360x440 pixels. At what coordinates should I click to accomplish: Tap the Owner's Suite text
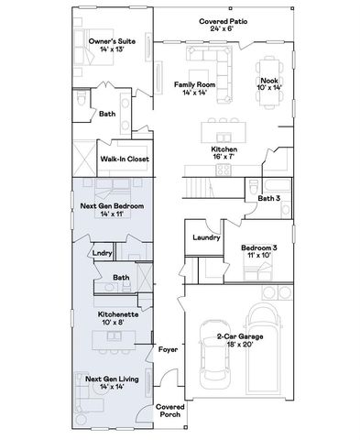pyautogui.click(x=111, y=41)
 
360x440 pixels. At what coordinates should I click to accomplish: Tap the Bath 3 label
pyautogui.click(x=267, y=197)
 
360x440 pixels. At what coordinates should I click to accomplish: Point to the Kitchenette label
pyautogui.click(x=118, y=313)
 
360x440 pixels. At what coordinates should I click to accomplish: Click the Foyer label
pyautogui.click(x=168, y=349)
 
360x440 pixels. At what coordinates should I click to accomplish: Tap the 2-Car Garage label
pyautogui.click(x=240, y=337)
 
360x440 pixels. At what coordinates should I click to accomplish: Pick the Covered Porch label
pyautogui.click(x=170, y=410)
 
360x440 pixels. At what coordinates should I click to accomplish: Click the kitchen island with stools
pyautogui.click(x=224, y=123)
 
